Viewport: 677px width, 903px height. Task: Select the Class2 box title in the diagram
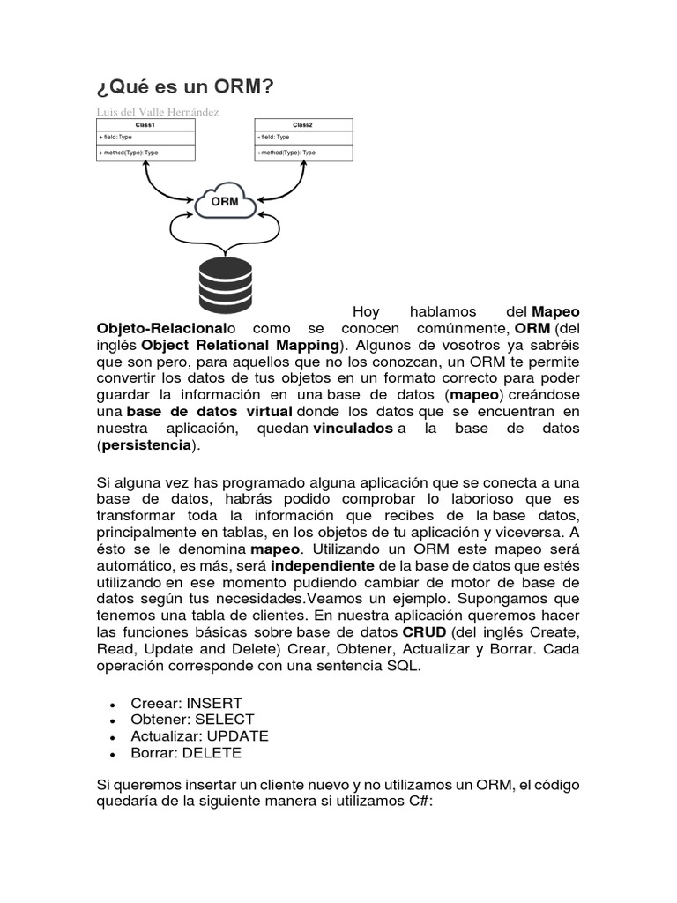click(303, 125)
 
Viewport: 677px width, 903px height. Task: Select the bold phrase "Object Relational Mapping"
click(240, 344)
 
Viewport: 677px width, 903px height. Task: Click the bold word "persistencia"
click(146, 444)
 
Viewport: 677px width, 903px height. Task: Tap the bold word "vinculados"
click(353, 428)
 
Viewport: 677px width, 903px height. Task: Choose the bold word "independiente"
click(324, 564)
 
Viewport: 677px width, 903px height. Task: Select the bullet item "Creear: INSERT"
click(186, 704)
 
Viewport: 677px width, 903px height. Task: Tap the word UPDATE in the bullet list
click(237, 736)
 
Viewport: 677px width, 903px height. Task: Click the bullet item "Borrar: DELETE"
click(186, 753)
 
